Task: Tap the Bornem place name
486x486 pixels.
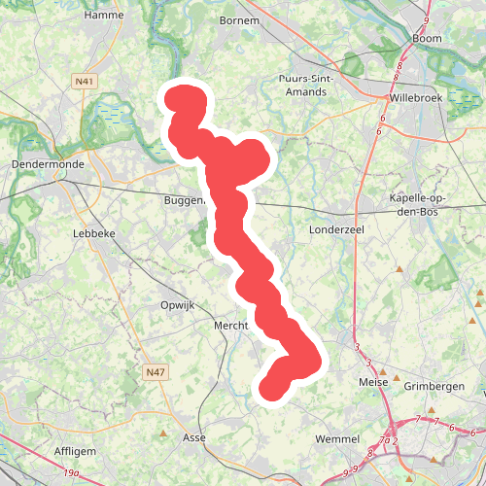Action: pos(239,19)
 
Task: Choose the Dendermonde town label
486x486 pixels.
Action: pos(48,164)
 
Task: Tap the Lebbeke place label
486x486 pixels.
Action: pos(93,233)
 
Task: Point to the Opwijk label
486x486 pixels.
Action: pos(177,304)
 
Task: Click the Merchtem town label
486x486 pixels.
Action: pos(232,326)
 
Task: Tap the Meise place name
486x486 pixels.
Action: pos(372,382)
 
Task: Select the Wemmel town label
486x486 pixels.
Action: pos(337,439)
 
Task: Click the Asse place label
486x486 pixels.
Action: pos(194,438)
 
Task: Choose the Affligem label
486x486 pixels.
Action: pos(75,452)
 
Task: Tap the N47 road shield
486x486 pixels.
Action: pos(155,372)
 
